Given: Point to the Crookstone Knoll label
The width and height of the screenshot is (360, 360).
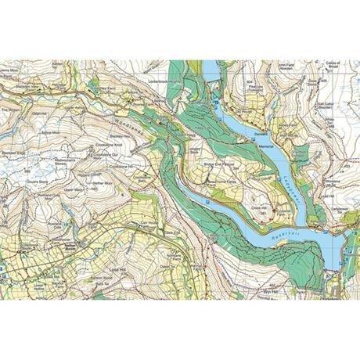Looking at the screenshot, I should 111,147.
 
